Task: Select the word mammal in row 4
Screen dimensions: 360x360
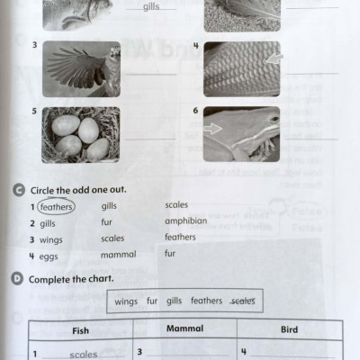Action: tap(118, 255)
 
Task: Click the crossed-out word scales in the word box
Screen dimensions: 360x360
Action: tap(242, 301)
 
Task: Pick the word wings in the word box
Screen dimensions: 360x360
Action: tap(126, 301)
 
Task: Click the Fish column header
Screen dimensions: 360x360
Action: tap(80, 330)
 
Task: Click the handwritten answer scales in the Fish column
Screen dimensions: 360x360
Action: tap(84, 354)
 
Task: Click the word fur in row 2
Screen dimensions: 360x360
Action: tap(107, 221)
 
